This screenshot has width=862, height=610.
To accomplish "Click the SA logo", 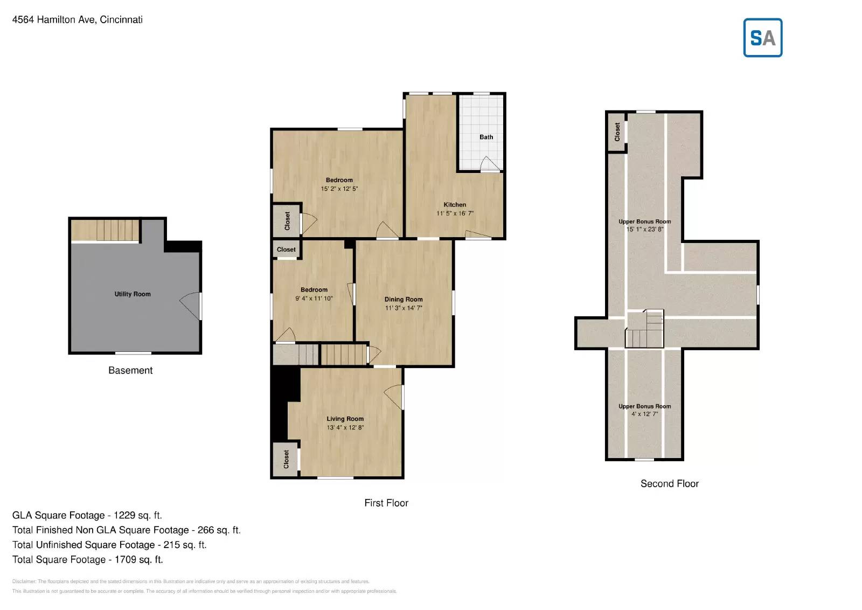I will [762, 38].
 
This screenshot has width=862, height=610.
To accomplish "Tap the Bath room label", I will [486, 137].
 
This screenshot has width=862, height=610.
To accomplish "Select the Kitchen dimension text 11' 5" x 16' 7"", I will [455, 213].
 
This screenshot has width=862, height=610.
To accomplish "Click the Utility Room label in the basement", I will [133, 294].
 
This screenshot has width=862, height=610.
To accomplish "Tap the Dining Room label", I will [404, 299].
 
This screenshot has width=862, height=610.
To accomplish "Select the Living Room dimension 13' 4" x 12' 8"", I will [345, 427].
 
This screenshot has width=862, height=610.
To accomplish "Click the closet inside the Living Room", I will [286, 459].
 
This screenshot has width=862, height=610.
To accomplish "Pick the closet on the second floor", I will [617, 131].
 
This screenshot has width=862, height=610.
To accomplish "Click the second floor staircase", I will [644, 330].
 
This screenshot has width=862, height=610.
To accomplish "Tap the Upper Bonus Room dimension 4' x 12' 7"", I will [644, 414].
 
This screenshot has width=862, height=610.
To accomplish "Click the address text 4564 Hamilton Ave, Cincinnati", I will [78, 19].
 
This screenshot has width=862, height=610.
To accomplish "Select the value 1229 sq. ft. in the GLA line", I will [137, 515].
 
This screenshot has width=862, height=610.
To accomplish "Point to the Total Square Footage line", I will [88, 559].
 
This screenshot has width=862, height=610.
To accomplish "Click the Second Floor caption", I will [669, 483].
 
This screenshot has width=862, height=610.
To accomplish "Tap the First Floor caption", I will [386, 503].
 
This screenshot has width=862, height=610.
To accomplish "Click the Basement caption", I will [130, 370].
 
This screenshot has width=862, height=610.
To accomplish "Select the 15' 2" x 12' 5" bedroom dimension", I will [339, 189].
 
